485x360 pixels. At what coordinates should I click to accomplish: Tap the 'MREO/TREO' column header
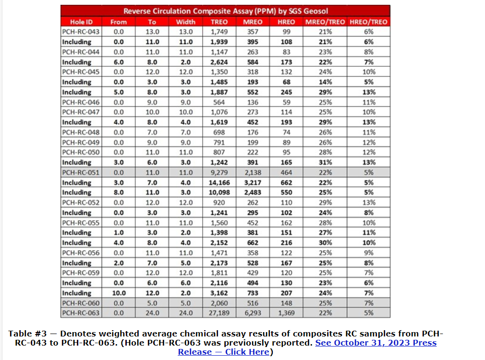click(325, 22)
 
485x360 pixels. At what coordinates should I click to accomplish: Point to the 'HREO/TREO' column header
click(368, 22)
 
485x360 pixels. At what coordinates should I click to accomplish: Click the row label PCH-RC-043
click(81, 32)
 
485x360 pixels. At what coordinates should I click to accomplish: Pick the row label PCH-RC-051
click(81, 173)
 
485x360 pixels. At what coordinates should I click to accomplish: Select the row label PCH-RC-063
click(81, 313)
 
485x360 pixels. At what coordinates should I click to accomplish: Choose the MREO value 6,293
click(253, 313)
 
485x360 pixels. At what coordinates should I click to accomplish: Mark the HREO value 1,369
click(286, 313)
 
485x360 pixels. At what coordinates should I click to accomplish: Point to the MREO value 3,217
click(253, 183)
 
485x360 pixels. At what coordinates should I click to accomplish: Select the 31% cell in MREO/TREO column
click(325, 162)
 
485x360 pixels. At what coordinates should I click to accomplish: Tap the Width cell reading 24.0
click(185, 313)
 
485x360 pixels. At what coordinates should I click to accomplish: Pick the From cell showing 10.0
click(119, 293)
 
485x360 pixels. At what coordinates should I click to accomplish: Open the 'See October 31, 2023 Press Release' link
click(376, 343)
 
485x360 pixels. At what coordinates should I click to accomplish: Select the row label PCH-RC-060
click(81, 303)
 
